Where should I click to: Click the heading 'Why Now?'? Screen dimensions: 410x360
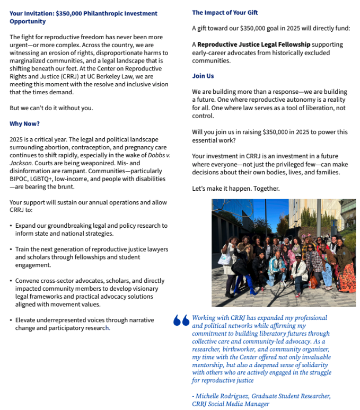(x=24, y=124)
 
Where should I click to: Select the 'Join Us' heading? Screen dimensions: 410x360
(x=203, y=76)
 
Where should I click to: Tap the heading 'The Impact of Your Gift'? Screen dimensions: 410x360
(x=225, y=13)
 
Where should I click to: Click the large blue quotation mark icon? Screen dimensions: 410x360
(x=181, y=320)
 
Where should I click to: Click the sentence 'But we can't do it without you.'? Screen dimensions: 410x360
(x=51, y=108)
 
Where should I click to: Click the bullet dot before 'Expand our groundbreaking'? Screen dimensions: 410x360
(x=11, y=226)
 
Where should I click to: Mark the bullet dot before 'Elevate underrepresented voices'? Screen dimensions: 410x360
(x=11, y=320)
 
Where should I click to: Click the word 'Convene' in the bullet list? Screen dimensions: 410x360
(x=27, y=281)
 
